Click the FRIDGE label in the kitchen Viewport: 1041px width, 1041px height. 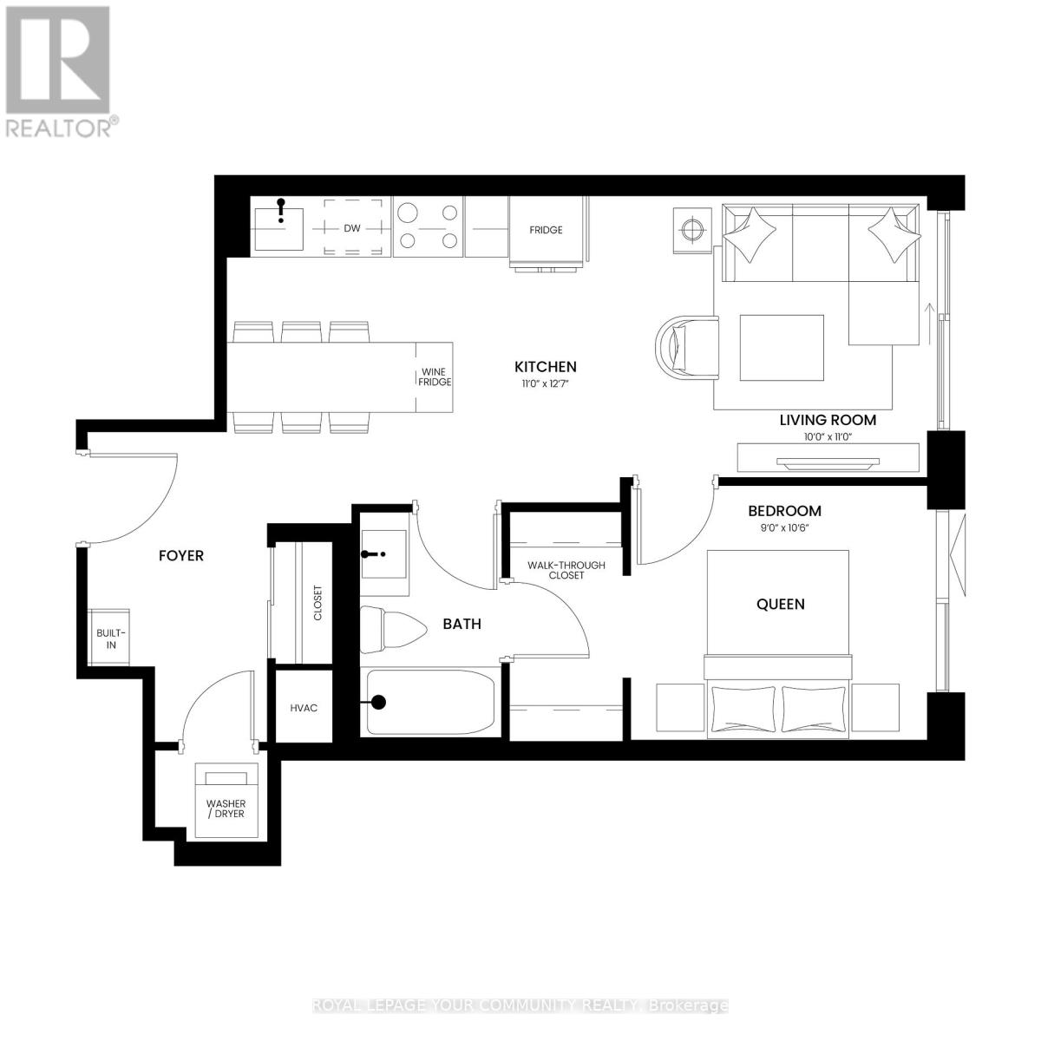547,230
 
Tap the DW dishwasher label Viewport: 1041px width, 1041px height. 351,229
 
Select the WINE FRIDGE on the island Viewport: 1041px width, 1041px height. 435,376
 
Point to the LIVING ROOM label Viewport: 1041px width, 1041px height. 827,420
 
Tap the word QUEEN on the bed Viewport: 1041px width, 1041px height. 780,604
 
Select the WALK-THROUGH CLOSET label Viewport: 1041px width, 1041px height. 566,570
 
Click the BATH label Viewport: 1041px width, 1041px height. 462,624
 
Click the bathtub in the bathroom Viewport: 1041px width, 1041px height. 430,703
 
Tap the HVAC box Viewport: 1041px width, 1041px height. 304,708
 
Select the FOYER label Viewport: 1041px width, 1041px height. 180,555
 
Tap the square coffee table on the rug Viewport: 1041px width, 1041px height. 782,348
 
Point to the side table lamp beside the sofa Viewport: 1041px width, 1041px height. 691,230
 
